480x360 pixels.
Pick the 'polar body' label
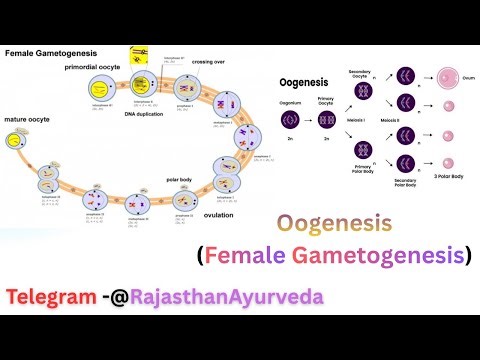[187, 181]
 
